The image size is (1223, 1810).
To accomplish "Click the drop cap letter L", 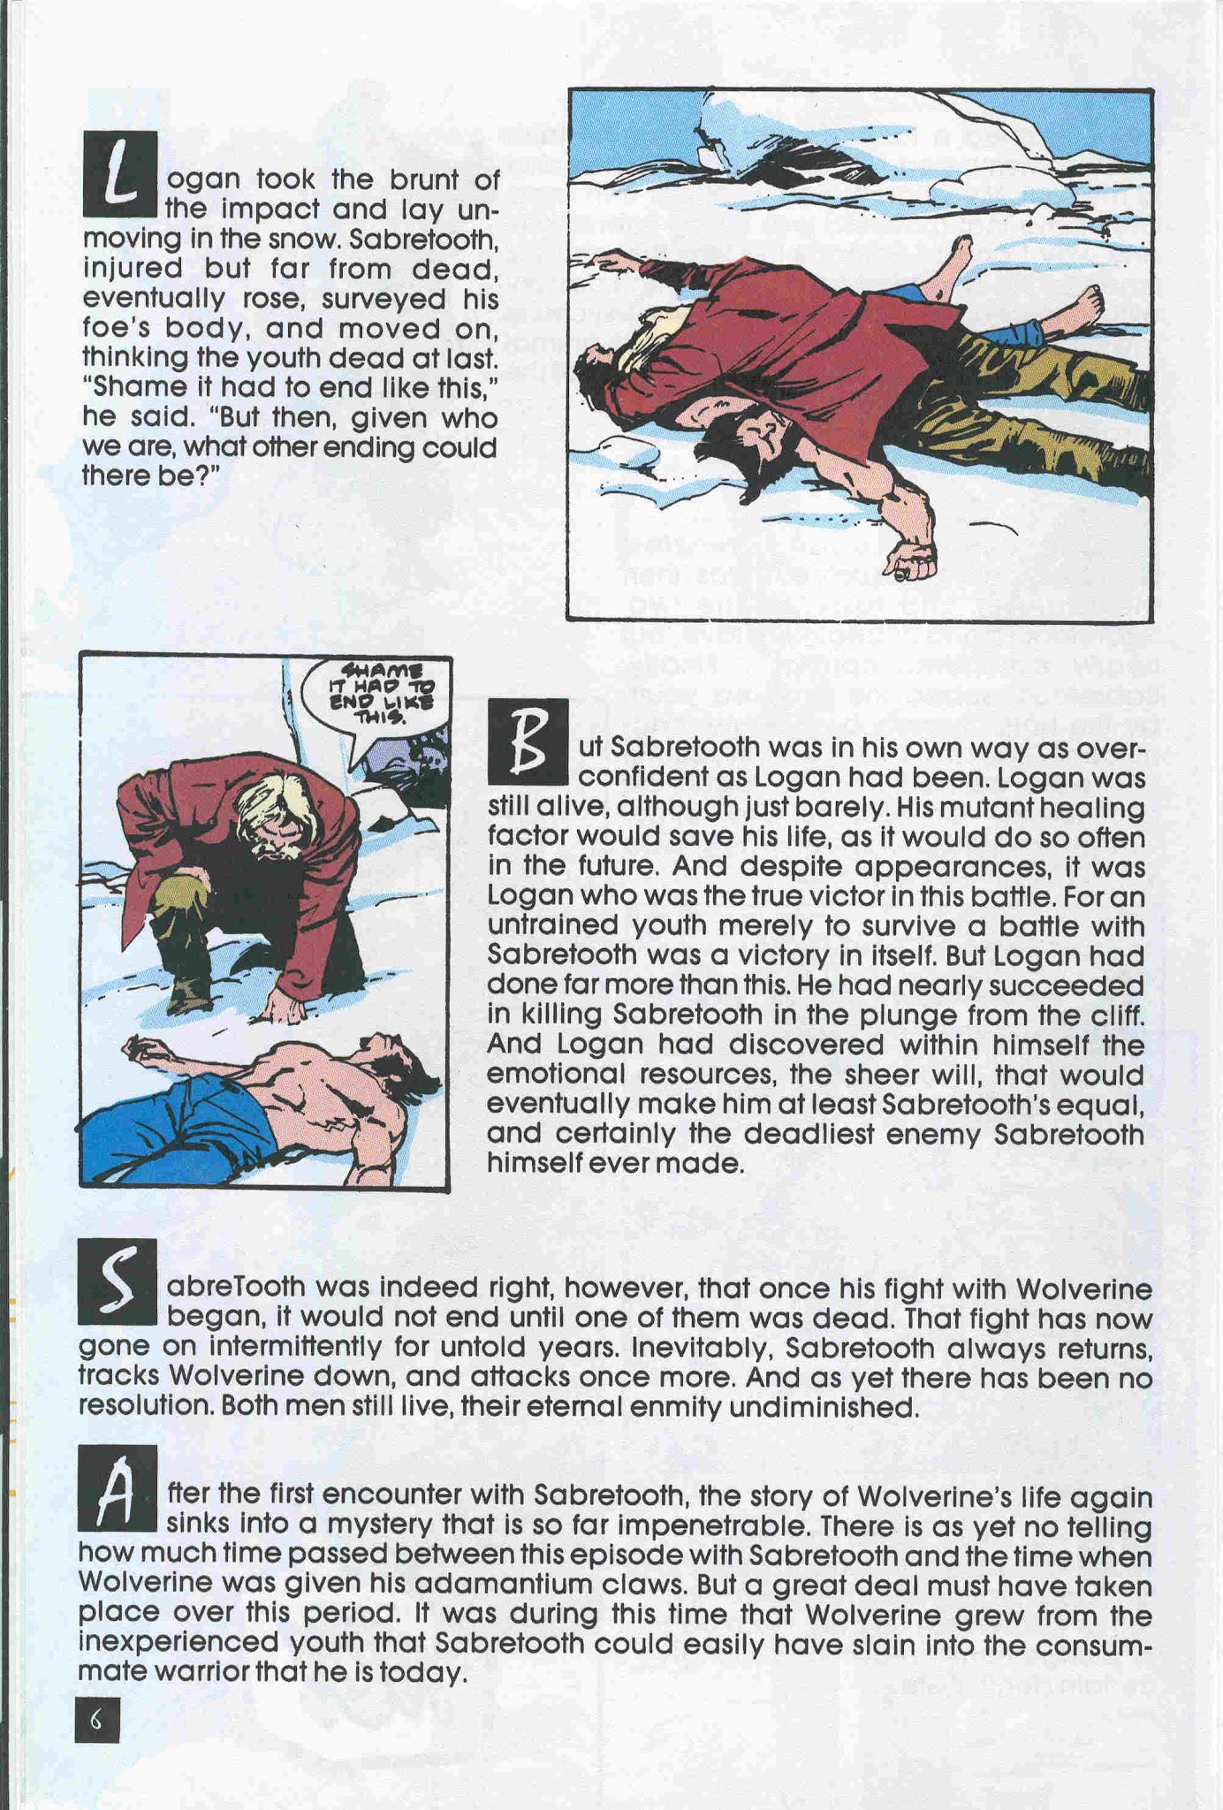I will (x=119, y=174).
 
